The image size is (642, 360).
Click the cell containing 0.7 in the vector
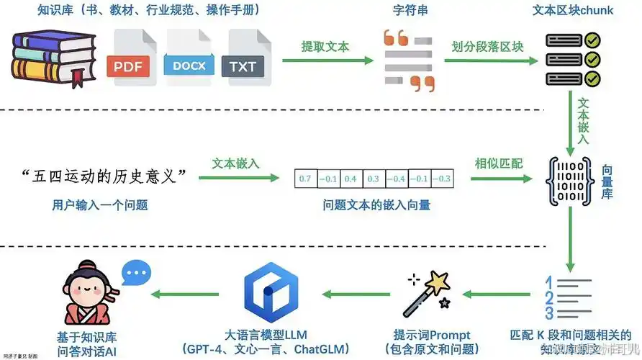coord(304,179)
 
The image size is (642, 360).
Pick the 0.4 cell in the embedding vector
coord(351,179)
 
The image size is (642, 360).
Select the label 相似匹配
coord(492,163)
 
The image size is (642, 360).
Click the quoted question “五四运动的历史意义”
coord(104,176)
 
